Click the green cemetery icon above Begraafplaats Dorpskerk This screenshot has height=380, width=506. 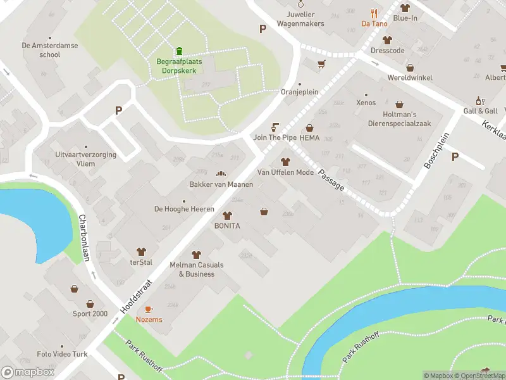(x=179, y=51)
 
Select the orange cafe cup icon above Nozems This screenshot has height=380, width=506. (x=149, y=309)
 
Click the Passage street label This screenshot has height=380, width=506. (x=331, y=180)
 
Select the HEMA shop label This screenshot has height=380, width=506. (x=309, y=137)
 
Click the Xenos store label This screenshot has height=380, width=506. (x=366, y=103)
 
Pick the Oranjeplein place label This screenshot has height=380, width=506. (x=299, y=92)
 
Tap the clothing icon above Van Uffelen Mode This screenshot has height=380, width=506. (x=285, y=161)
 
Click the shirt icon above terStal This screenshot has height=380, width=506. (x=141, y=252)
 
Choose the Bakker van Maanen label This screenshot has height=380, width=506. (x=221, y=184)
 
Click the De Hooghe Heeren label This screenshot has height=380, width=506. (x=184, y=209)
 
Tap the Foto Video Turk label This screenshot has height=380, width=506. (x=62, y=354)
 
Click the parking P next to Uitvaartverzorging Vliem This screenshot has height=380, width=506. (x=118, y=110)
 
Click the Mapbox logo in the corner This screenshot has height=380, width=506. (x=28, y=372)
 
